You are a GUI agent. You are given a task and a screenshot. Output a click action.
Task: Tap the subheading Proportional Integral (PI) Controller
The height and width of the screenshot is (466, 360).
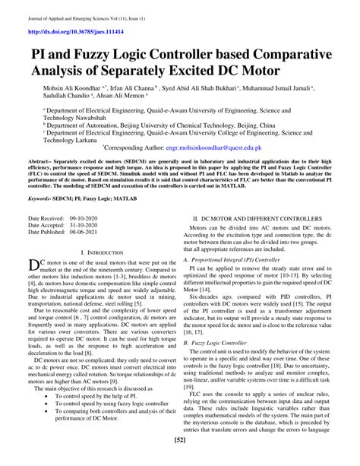coord(233,261)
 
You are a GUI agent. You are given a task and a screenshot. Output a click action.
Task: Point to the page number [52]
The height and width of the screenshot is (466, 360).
coord(179,461)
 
